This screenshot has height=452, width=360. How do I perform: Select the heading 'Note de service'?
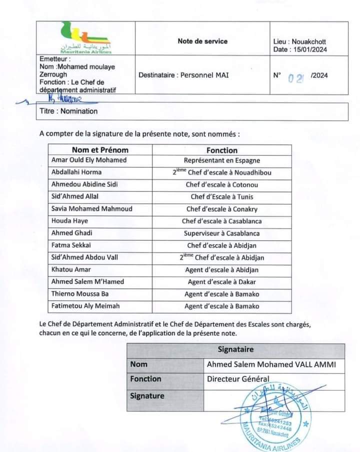(x=202, y=41)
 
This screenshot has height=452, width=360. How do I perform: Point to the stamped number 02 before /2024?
(x=296, y=77)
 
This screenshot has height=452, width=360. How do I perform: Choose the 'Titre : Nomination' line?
(x=68, y=111)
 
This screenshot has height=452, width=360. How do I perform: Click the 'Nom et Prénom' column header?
(x=100, y=150)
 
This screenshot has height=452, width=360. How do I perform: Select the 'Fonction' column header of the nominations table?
(x=222, y=150)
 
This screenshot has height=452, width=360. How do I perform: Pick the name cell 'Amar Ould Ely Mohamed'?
(x=89, y=160)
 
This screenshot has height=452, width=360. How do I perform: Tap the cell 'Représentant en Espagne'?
(x=222, y=160)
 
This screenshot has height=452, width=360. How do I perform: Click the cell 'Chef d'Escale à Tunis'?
(x=222, y=197)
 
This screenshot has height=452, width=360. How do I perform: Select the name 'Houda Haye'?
(x=69, y=221)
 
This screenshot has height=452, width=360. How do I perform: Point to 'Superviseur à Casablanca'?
(x=222, y=233)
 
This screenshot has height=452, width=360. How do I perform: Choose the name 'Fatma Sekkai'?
(x=71, y=245)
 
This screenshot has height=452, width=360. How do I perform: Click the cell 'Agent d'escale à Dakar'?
(x=222, y=282)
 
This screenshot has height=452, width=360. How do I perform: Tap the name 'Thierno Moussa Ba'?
(x=80, y=294)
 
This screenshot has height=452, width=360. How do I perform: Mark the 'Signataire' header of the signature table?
(x=235, y=350)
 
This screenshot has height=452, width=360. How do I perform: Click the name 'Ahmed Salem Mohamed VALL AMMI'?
(x=271, y=365)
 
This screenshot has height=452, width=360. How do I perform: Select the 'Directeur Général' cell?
(x=238, y=379)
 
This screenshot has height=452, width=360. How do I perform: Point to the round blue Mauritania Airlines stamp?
(x=274, y=415)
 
